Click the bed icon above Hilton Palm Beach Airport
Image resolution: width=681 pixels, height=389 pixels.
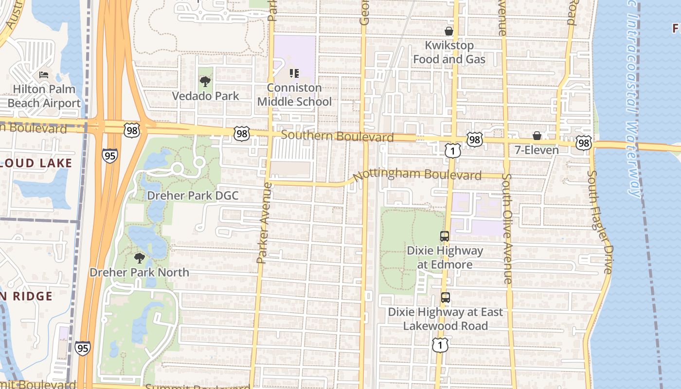tap(44, 75)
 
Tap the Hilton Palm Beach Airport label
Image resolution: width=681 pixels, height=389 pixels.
tap(44, 96)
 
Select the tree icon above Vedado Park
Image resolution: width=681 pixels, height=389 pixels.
tap(205, 82)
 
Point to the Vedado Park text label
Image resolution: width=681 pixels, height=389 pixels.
tap(205, 96)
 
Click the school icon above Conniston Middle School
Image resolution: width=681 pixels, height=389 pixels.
tap(294, 73)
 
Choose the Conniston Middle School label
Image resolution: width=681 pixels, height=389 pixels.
tap(294, 95)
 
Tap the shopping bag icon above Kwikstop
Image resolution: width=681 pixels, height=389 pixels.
tap(449, 31)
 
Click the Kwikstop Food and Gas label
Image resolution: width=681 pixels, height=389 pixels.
tap(449, 52)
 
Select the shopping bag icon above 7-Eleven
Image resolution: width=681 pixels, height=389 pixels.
tap(537, 136)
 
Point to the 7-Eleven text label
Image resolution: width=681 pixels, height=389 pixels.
tap(537, 150)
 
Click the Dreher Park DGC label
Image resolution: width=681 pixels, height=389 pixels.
tap(193, 195)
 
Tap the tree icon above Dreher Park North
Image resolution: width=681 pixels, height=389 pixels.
tap(140, 258)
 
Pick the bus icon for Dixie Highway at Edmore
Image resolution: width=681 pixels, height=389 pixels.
tap(445, 236)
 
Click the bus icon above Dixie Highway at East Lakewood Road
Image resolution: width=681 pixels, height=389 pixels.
tap(446, 298)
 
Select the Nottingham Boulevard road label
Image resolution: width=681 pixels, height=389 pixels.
tap(417, 175)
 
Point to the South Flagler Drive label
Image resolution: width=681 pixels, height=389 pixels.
tap(599, 221)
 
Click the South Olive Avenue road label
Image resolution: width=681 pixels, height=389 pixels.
tap(507, 229)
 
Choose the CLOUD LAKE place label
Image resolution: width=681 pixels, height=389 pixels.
tap(36, 163)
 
